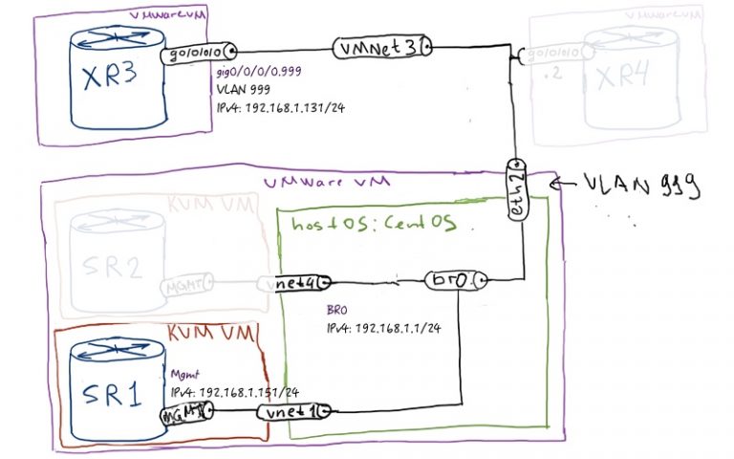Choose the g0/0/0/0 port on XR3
point(197,54)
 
